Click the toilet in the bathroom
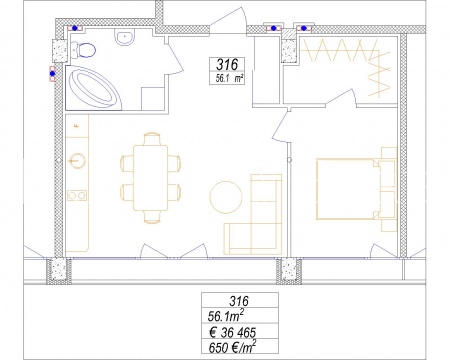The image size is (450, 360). click(84, 50)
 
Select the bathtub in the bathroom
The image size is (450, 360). click(94, 88)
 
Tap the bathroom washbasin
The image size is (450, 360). click(125, 36)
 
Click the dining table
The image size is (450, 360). click(150, 177)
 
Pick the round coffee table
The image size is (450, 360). click(226, 197)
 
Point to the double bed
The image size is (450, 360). click(348, 189)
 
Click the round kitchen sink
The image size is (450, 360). click(77, 161)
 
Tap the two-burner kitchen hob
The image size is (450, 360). click(77, 195)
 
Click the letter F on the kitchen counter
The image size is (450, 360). click(77, 126)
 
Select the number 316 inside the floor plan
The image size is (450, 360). click(227, 64)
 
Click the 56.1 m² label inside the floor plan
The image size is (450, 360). click(229, 79)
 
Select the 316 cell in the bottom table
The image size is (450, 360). click(240, 301)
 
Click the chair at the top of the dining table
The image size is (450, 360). click(152, 138)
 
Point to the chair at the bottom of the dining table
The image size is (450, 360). click(152, 217)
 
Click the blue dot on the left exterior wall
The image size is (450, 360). click(52, 74)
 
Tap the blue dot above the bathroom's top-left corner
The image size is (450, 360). click(75, 28)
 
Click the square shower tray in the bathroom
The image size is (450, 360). click(153, 99)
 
